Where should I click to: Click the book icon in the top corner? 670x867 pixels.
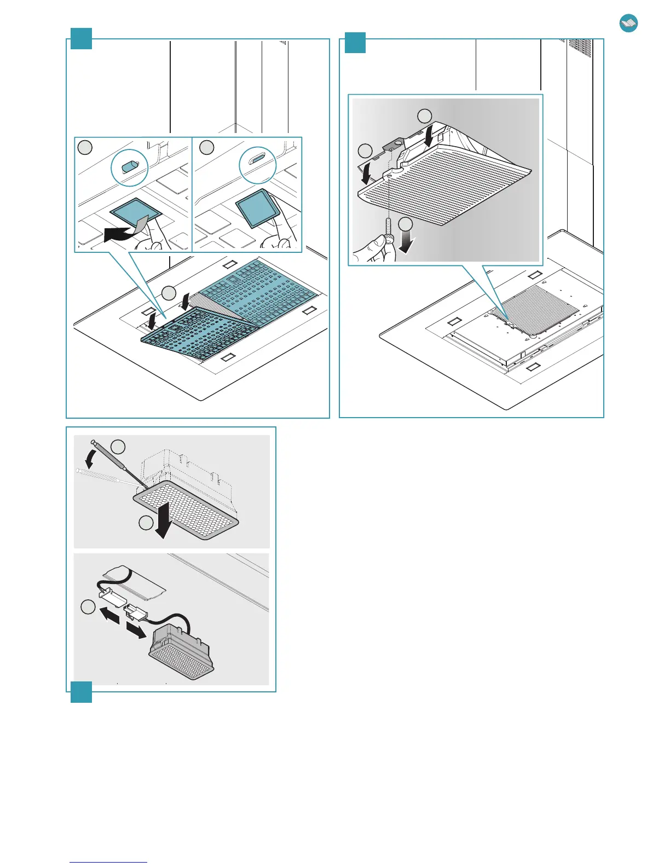628,24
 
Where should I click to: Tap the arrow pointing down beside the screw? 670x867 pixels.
406,241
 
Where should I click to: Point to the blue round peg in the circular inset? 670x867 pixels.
129,166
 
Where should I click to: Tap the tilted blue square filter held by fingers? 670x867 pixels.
255,209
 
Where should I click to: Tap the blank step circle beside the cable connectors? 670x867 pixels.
88,607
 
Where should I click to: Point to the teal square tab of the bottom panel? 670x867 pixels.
81,692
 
